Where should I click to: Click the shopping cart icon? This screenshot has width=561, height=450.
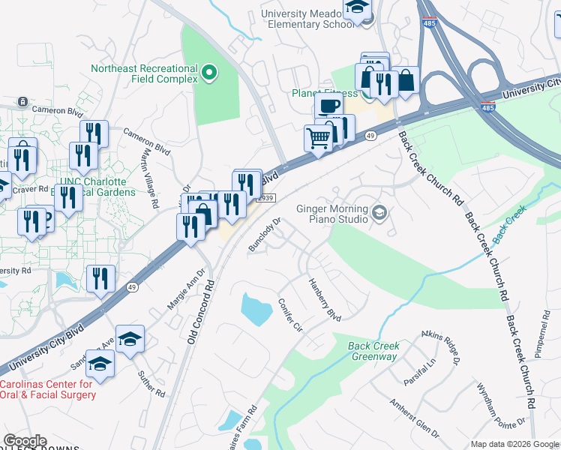click(x=319, y=138)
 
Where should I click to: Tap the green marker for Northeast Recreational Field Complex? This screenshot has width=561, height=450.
click(x=209, y=73)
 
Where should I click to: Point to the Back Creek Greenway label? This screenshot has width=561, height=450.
click(x=373, y=351)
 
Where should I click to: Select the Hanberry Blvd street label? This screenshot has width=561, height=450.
click(x=325, y=300)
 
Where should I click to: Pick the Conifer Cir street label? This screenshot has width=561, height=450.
click(x=289, y=316)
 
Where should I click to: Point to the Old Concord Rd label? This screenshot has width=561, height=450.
click(x=200, y=311)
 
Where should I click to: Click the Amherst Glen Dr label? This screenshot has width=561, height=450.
click(x=413, y=416)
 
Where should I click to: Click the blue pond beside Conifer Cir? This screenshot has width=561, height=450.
click(x=256, y=308)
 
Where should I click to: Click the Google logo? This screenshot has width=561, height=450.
click(x=25, y=441)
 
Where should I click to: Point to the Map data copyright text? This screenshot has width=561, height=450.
click(x=514, y=444)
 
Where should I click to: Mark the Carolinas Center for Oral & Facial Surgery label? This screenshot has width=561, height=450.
click(x=46, y=389)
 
